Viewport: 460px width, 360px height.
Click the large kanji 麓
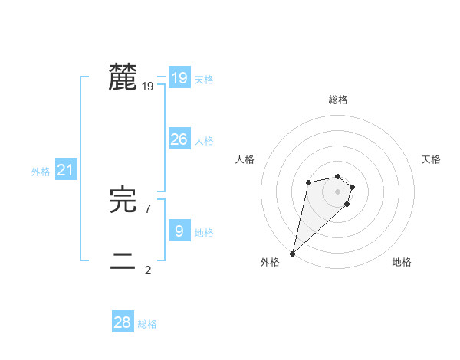click(123, 77)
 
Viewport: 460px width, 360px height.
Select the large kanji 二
click(123, 261)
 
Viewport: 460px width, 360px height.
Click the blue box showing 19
click(179, 78)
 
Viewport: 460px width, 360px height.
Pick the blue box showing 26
click(179, 139)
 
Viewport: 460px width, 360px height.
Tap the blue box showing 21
click(65, 171)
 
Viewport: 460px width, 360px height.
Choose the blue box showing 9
click(179, 231)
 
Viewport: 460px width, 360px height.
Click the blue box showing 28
click(123, 322)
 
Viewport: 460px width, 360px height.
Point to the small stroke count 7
click(148, 208)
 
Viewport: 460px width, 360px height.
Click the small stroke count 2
click(148, 270)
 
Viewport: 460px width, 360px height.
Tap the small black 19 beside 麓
click(148, 87)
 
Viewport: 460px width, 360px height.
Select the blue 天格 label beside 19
click(204, 80)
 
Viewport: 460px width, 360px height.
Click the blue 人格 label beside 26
click(204, 141)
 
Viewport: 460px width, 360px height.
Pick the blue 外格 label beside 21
click(41, 172)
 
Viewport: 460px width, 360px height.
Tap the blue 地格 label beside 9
click(204, 233)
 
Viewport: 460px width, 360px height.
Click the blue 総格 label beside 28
click(147, 324)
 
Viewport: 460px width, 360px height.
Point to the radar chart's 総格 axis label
click(338, 100)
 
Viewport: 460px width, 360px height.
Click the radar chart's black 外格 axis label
click(270, 262)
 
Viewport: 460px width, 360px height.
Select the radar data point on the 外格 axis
click(293, 254)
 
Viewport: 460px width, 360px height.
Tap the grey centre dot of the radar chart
click(338, 191)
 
